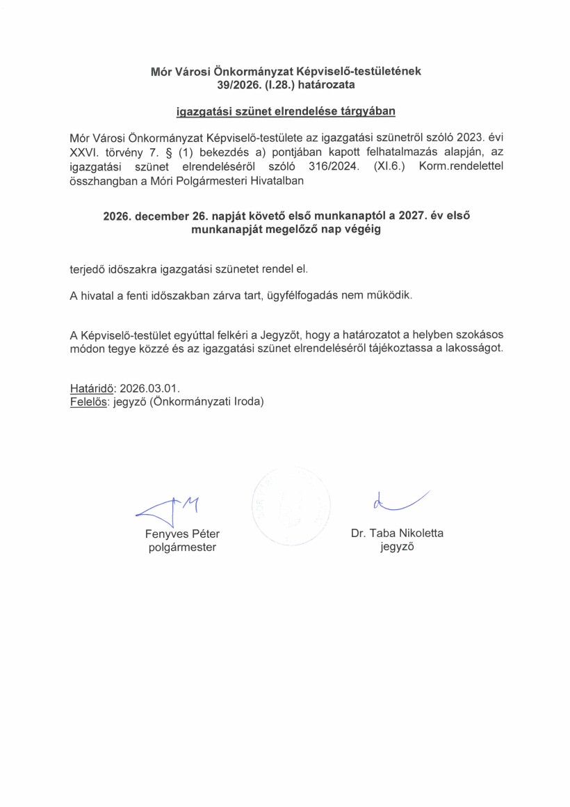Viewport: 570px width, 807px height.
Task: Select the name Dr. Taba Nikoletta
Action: [x=397, y=534]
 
